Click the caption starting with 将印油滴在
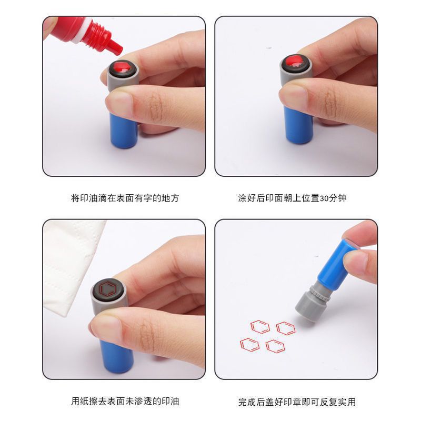point(125,198)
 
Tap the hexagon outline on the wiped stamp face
point(109,288)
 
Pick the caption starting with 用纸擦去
point(125,401)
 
